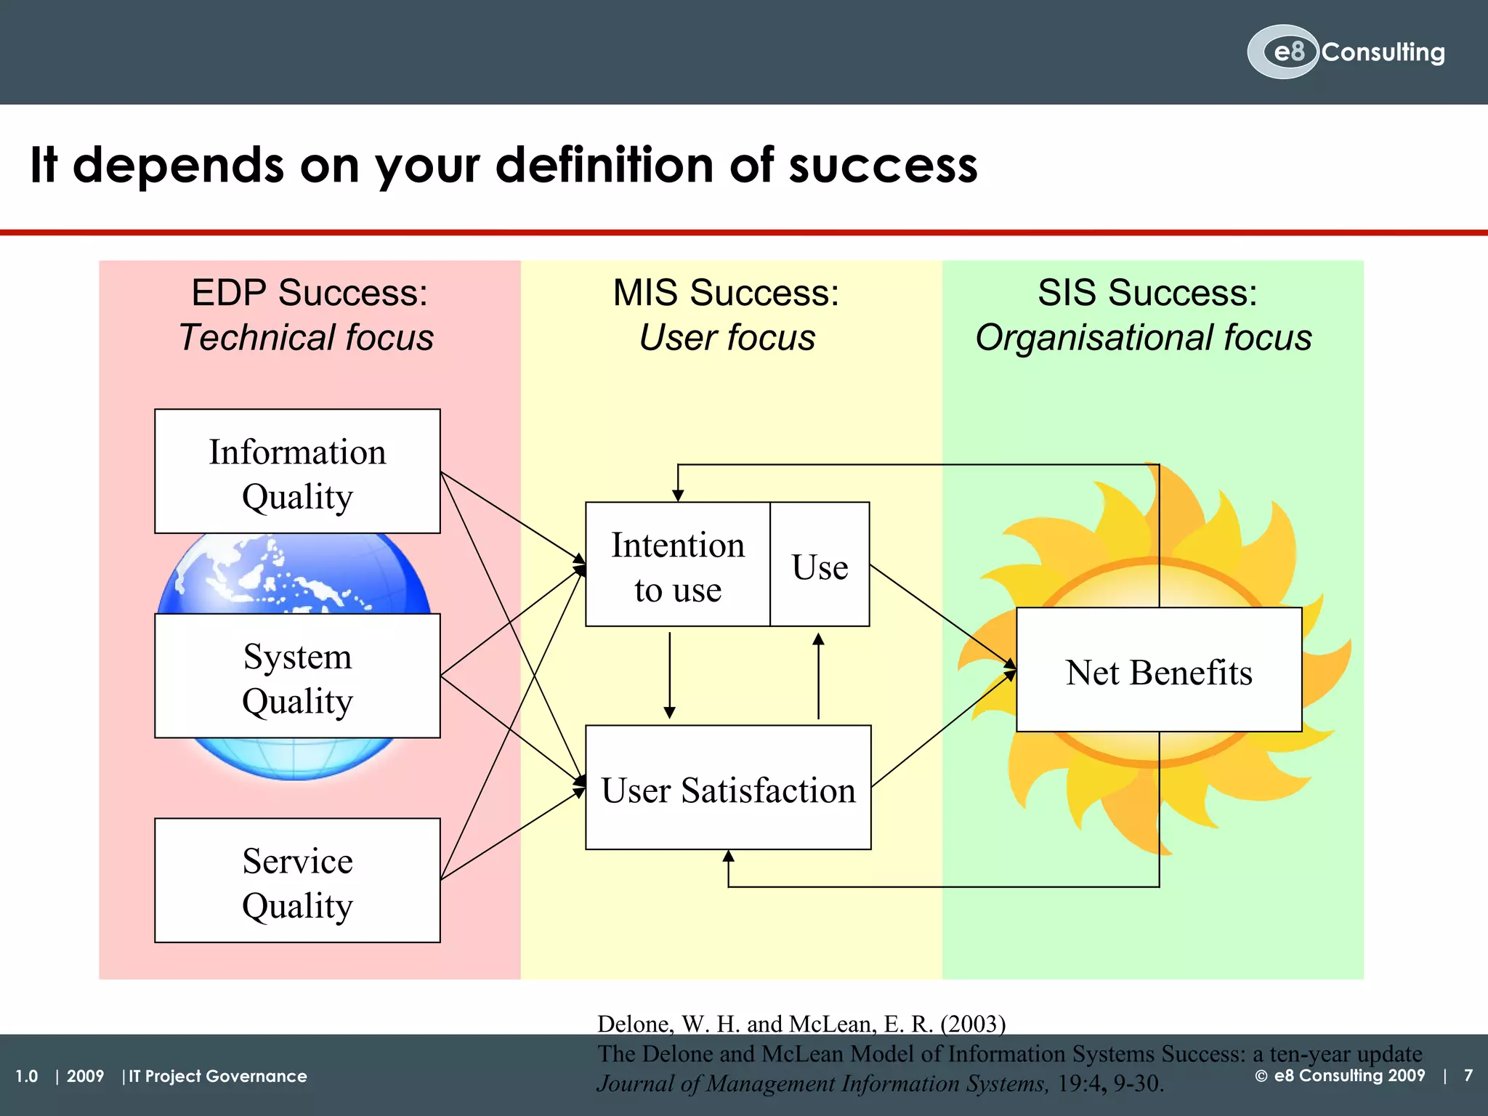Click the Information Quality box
[x=297, y=472]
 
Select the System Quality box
[x=297, y=676]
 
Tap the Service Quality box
[x=297, y=881]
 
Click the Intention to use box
[x=677, y=565]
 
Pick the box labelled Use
[x=820, y=565]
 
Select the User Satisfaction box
[x=728, y=788]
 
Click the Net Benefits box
[x=1158, y=670]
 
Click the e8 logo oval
[x=1282, y=52]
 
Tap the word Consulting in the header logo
[x=1383, y=52]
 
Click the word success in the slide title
[x=883, y=166]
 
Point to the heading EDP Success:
[x=310, y=293]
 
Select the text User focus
[x=727, y=338]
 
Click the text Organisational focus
[x=1144, y=338]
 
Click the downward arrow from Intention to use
[x=670, y=676]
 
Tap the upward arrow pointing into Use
[x=819, y=676]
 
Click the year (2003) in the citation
[x=973, y=1024]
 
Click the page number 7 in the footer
[x=1468, y=1075]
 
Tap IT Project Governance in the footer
[x=218, y=1076]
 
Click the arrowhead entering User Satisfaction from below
[x=729, y=857]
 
